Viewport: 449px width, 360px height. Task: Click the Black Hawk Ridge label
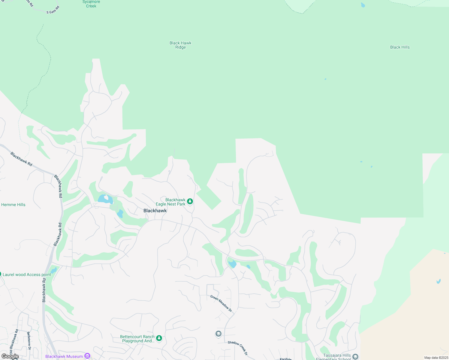(x=180, y=45)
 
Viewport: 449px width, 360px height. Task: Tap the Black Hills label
(x=400, y=47)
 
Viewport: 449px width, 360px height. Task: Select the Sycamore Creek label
(x=91, y=4)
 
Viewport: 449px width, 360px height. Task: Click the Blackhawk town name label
(x=155, y=211)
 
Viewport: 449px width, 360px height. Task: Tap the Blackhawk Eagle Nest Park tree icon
(x=190, y=201)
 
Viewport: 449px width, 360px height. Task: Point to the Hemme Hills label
(x=13, y=205)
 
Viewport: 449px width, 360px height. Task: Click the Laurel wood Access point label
(x=27, y=274)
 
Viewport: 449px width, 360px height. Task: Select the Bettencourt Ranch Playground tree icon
(x=159, y=338)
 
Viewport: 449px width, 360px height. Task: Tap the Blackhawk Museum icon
(x=87, y=356)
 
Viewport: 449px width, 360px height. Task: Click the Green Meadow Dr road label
(x=221, y=303)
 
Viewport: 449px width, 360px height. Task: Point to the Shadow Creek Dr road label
(x=238, y=348)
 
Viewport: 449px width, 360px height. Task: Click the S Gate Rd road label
(x=53, y=10)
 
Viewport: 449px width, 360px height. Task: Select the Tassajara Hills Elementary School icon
(x=355, y=357)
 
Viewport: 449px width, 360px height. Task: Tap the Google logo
(x=10, y=356)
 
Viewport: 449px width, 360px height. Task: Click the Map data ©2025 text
(x=436, y=358)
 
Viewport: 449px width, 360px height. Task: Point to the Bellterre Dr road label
(x=29, y=340)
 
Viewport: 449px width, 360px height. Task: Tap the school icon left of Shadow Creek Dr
(x=218, y=334)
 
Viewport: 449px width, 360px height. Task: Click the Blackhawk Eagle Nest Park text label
(x=170, y=202)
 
